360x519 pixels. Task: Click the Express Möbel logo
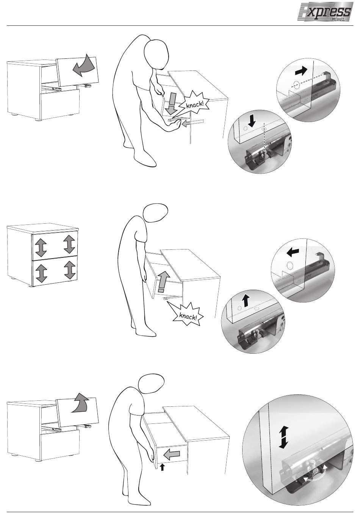[326, 12]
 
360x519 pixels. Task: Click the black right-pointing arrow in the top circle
[301, 71]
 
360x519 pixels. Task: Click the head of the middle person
[155, 213]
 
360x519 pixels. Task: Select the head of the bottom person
[151, 383]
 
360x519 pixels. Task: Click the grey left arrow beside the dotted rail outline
[187, 124]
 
